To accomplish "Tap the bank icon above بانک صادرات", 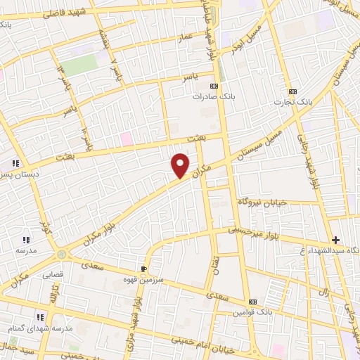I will coord(214,86).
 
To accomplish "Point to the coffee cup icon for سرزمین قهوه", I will coord(144,268).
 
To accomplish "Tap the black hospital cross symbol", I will coord(335,240).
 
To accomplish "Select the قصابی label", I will coord(53,274).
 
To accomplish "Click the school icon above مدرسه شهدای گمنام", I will coord(40,317).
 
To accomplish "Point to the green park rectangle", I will coord(79,65).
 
